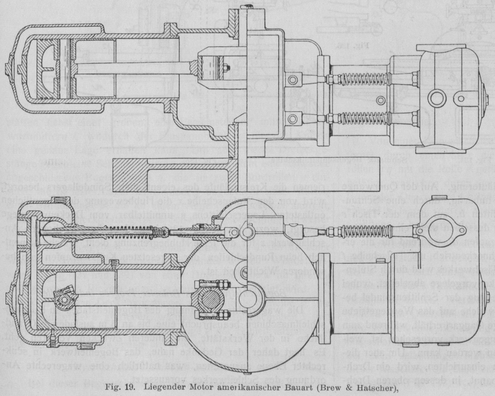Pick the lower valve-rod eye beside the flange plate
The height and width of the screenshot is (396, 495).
(296, 117)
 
